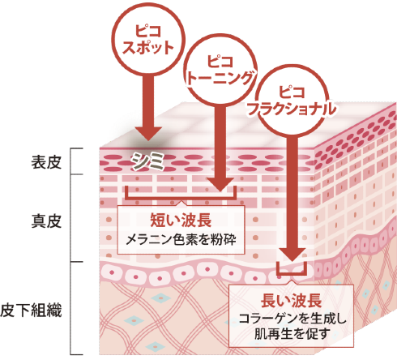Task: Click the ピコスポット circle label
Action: point(148,40)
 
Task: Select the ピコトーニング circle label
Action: point(220,70)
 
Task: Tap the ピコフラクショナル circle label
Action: point(292,101)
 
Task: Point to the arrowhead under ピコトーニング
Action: point(220,185)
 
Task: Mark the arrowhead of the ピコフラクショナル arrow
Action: point(292,254)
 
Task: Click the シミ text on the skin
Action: point(148,161)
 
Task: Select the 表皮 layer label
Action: point(46,162)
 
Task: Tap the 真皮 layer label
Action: point(46,221)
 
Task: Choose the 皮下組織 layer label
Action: point(31,310)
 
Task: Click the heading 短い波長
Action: point(181,220)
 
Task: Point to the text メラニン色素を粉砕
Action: point(181,240)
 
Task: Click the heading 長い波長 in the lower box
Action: point(291,300)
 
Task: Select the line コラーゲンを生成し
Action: point(291,319)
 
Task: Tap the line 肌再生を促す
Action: point(291,334)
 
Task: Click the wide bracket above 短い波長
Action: point(181,199)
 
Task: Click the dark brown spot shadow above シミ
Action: point(148,144)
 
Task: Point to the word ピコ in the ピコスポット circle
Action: point(148,31)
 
